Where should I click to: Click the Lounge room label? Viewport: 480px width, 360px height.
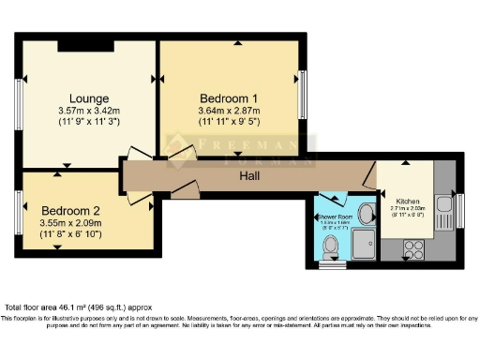pos(88,97)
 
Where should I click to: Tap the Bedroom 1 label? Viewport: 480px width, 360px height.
pos(229,97)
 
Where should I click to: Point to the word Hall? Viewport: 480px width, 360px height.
pos(249,175)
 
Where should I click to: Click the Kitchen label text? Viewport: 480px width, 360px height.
pos(408,202)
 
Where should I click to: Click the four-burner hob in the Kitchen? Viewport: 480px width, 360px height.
pos(412,248)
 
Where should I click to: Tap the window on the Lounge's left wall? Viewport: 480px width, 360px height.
pos(17,99)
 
